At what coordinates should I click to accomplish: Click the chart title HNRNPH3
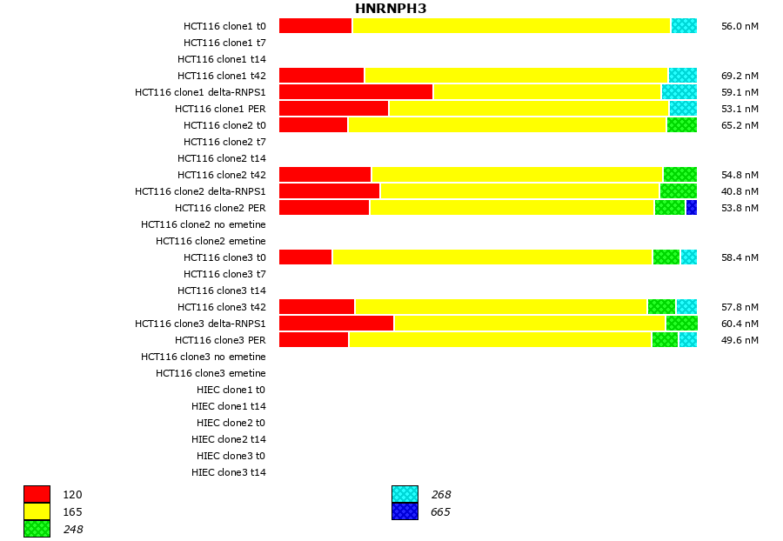(390, 9)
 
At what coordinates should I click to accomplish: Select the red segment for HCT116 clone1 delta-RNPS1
(356, 92)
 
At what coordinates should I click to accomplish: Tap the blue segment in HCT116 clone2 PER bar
(692, 208)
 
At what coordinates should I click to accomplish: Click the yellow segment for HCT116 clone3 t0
(492, 257)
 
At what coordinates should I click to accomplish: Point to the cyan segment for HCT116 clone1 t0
(684, 26)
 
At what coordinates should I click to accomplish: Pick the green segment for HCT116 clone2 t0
(682, 125)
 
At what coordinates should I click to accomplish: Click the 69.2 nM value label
(739, 76)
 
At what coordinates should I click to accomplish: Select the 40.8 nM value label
(739, 191)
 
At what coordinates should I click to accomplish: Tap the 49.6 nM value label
(739, 340)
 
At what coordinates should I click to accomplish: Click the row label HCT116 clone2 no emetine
(204, 224)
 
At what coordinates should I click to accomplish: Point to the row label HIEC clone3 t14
(229, 472)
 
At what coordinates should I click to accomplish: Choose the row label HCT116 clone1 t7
(224, 43)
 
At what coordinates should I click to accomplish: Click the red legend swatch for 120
(37, 495)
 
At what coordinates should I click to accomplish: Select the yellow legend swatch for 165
(37, 511)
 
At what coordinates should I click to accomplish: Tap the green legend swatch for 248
(37, 529)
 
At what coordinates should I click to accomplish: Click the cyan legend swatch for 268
(405, 495)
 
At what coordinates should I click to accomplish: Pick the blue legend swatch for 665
(405, 511)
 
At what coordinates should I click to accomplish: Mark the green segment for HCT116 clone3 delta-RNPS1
(681, 324)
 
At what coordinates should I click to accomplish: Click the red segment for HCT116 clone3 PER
(314, 340)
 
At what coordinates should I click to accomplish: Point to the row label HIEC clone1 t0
(231, 390)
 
